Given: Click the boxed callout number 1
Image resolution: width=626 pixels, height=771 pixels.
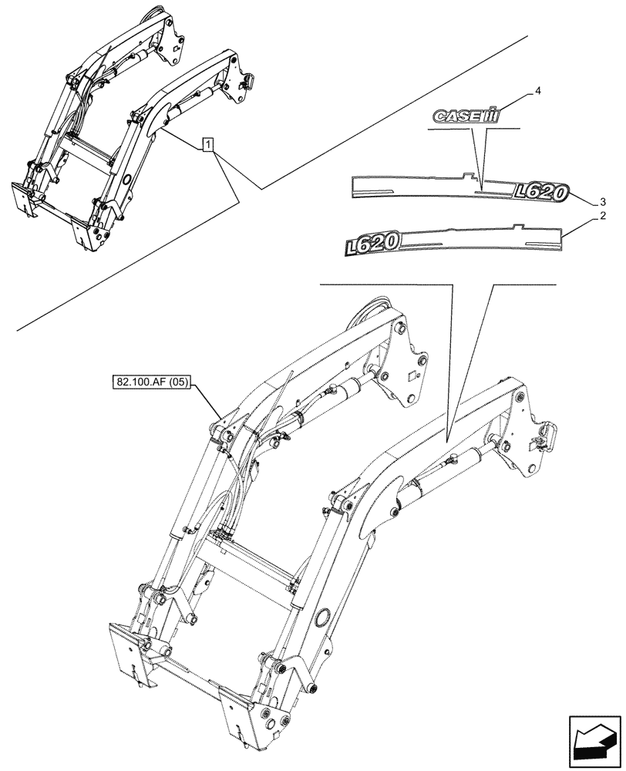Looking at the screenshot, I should [207, 144].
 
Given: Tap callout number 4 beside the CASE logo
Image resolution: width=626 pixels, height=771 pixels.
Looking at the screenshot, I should [537, 92].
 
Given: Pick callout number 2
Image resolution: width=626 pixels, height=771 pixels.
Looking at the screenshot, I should [601, 219].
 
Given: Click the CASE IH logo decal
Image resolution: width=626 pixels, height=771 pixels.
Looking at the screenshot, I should [465, 115].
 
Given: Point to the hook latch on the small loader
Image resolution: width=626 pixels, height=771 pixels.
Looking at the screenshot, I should [248, 79].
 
